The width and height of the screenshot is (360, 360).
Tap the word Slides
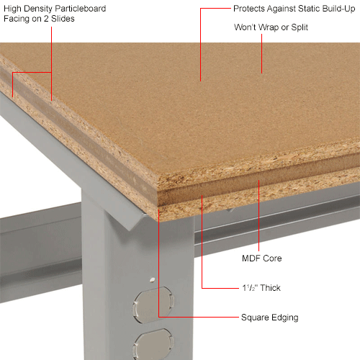60,19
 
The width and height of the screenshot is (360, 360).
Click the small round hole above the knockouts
151,279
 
